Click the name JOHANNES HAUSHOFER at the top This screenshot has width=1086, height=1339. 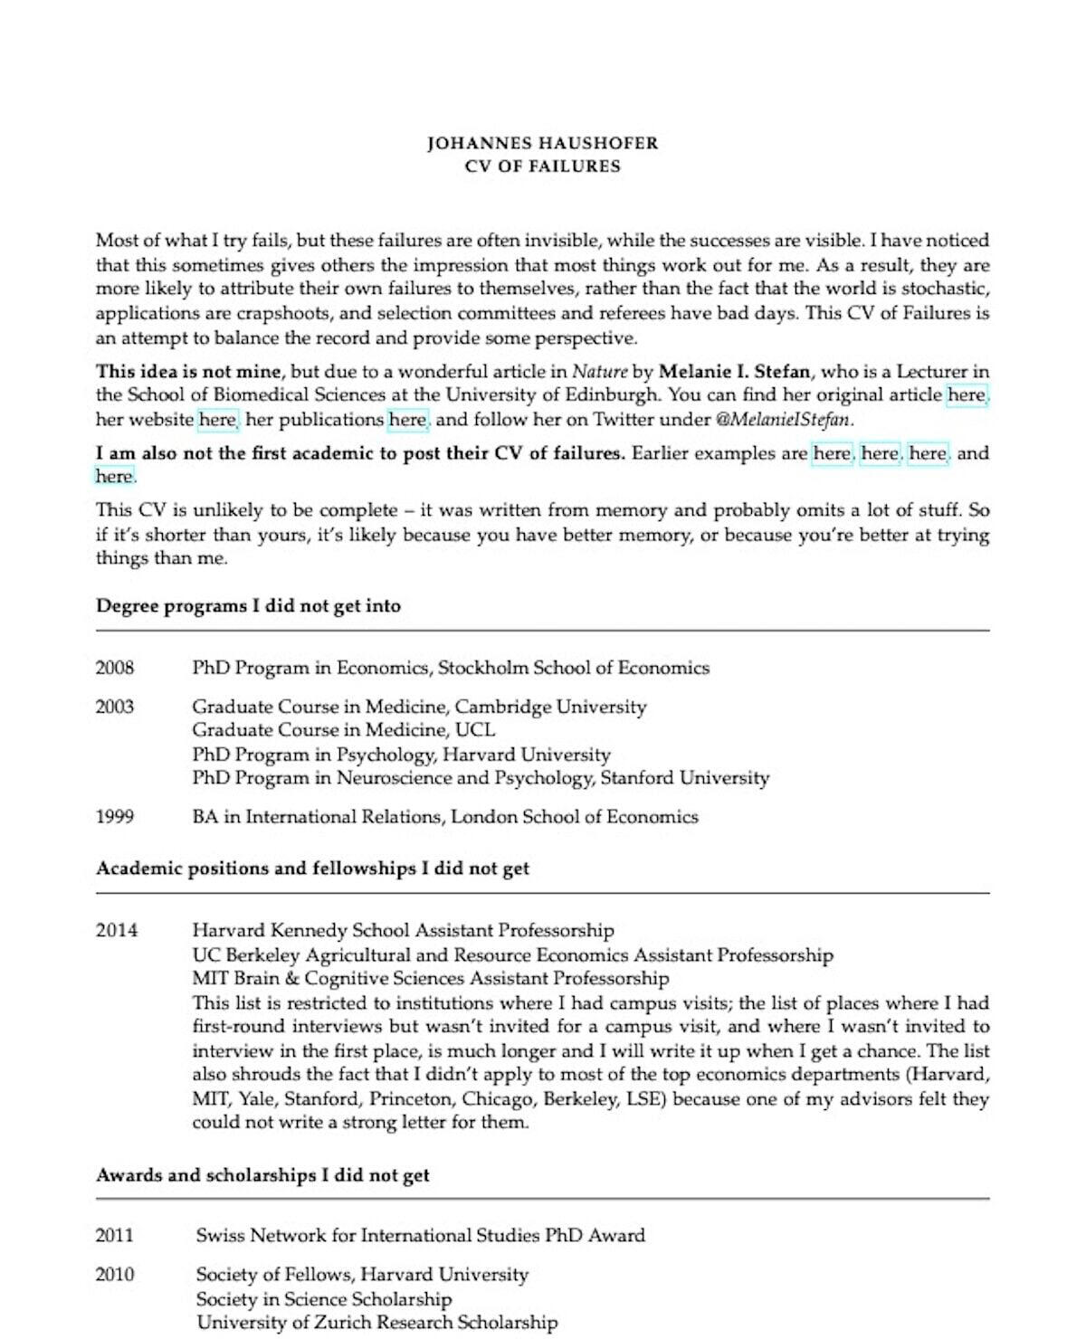coord(542,143)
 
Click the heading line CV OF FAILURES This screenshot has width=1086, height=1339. coord(542,166)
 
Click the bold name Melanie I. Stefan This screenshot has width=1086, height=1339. coord(734,371)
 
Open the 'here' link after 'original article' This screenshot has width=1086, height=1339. coord(967,395)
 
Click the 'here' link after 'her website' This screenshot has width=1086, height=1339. coord(217,420)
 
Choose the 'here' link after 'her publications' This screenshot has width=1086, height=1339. coord(407,420)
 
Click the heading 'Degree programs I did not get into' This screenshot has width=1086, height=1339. coord(248,606)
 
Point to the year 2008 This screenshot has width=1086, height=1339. coord(115,669)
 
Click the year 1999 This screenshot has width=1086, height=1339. coord(115,817)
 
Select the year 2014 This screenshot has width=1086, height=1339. coord(116,930)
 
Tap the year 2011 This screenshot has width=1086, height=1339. coord(115,1236)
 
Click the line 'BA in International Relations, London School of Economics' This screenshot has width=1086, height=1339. coord(444,817)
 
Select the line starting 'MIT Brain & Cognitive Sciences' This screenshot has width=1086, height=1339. coord(430,978)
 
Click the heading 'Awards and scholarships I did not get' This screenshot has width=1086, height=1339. coord(262,1175)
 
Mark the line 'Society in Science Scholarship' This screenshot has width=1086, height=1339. coord(323,1299)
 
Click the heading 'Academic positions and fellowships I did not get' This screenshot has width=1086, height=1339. coord(312,869)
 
